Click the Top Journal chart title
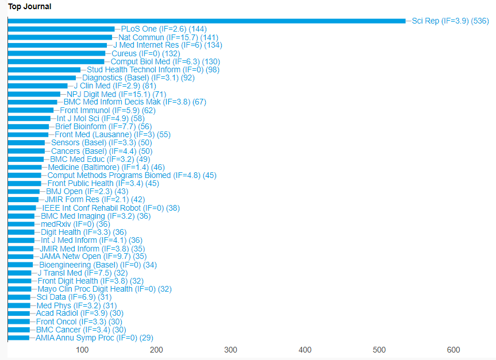[29, 7]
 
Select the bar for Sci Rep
[207, 21]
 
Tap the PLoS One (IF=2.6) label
[164, 29]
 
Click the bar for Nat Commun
[60, 37]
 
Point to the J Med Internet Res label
[167, 45]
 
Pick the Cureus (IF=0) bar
[56, 53]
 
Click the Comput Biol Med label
[165, 61]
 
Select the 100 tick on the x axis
[82, 350]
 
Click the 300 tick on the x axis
[230, 350]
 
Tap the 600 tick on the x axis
[453, 350]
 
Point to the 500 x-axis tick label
[379, 350]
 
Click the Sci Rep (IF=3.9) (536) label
[450, 21]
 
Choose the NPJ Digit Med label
[116, 94]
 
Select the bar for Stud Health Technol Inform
[44, 69]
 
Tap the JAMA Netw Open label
[93, 257]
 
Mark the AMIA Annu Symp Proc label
[94, 338]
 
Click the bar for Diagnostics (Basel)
[41, 78]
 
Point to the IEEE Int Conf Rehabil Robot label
[111, 208]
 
